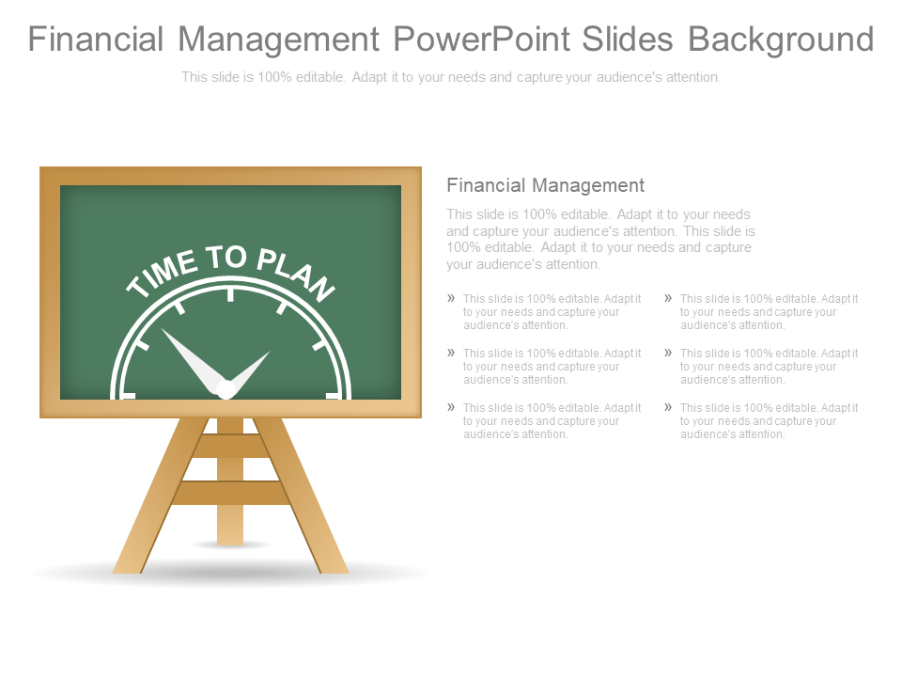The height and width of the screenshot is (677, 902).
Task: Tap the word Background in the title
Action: [781, 39]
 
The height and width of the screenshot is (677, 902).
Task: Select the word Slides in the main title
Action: [627, 39]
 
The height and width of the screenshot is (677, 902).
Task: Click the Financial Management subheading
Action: [545, 185]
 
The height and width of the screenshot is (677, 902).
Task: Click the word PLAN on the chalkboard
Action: [295, 274]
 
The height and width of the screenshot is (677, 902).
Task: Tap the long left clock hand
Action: [188, 356]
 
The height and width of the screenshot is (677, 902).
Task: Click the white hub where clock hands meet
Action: [225, 388]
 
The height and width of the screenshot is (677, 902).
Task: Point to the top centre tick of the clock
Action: [230, 294]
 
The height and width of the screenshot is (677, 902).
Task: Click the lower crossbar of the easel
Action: [230, 493]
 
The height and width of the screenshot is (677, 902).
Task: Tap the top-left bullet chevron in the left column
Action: [451, 298]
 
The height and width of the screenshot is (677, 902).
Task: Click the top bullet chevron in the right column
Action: [668, 298]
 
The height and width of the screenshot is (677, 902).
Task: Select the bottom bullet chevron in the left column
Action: [451, 407]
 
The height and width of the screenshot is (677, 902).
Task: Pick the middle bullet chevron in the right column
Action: [668, 353]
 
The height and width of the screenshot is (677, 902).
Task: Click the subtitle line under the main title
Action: [451, 77]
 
